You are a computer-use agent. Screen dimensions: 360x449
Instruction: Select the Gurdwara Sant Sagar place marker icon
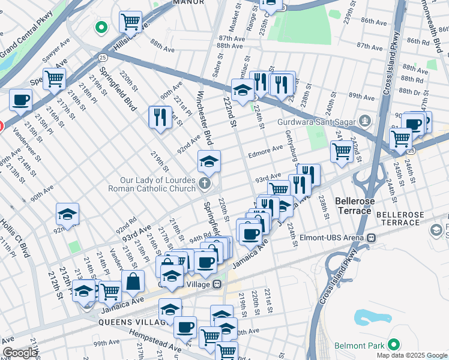click(364, 121)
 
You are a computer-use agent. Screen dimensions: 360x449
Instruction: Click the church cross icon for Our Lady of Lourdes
click(205, 183)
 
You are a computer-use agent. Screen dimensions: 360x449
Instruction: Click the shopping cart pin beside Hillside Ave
click(130, 22)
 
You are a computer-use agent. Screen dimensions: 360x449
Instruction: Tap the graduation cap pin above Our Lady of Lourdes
click(209, 161)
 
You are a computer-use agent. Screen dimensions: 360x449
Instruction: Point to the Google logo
click(20, 353)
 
